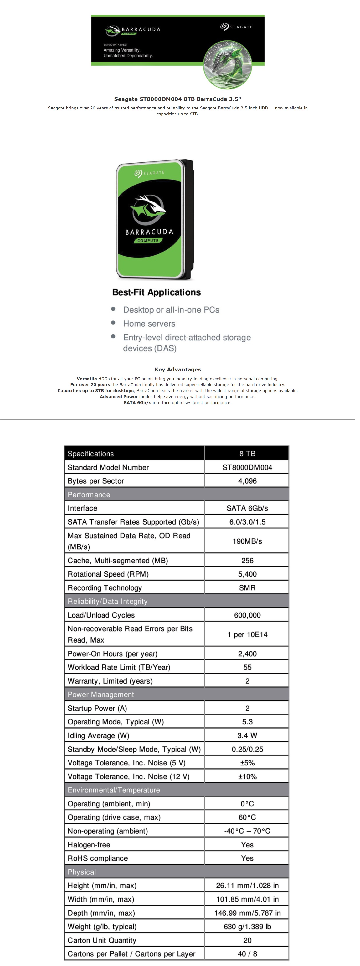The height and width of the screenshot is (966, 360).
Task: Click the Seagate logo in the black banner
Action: click(236, 27)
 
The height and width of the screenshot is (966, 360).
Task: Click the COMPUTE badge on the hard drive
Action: click(148, 240)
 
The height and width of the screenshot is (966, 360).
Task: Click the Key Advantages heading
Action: click(178, 369)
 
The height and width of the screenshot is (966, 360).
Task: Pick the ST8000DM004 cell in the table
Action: click(247, 467)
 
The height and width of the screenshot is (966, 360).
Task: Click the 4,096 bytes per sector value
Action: click(247, 481)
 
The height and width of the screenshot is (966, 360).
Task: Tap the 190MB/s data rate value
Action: click(247, 541)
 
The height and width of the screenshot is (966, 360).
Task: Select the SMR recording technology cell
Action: click(247, 588)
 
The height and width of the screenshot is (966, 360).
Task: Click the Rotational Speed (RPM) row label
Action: click(108, 574)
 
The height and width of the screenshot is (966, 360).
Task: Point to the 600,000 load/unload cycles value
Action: click(247, 615)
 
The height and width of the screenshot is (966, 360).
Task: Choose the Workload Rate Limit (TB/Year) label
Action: click(119, 667)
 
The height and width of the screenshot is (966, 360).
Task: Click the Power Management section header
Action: click(101, 694)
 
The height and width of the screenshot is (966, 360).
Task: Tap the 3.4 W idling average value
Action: click(247, 735)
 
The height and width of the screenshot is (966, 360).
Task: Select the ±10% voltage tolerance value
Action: click(247, 776)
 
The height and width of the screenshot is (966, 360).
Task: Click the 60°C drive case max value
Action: click(247, 817)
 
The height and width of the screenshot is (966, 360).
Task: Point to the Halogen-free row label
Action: click(89, 845)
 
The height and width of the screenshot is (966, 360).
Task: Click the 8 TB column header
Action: click(247, 453)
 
